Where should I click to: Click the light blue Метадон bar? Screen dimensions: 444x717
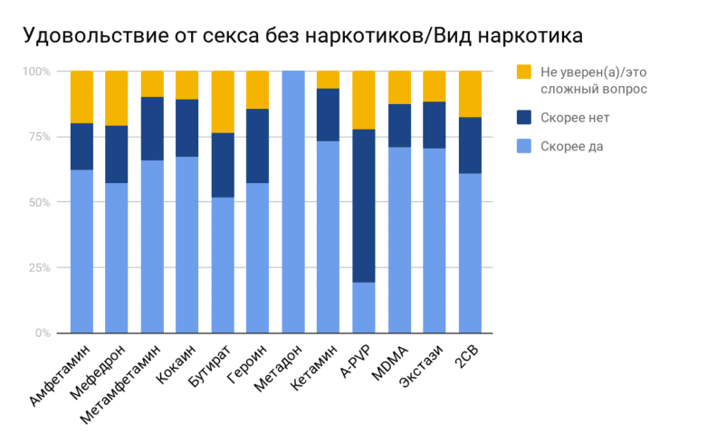click(293, 202)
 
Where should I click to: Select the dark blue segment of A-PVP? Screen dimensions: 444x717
click(364, 206)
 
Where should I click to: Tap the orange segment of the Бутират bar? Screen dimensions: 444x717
click(223, 101)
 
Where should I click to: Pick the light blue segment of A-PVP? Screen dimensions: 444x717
click(364, 308)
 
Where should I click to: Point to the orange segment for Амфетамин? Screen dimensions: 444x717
click(82, 97)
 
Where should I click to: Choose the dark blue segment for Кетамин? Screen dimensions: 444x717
click(329, 115)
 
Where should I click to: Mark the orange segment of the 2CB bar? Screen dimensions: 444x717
click(470, 94)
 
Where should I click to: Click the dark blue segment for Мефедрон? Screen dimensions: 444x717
click(117, 154)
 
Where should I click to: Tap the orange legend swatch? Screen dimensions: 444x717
click(523, 72)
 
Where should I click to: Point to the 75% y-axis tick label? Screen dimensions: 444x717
click(43, 137)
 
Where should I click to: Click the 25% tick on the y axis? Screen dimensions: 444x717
click(43, 268)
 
